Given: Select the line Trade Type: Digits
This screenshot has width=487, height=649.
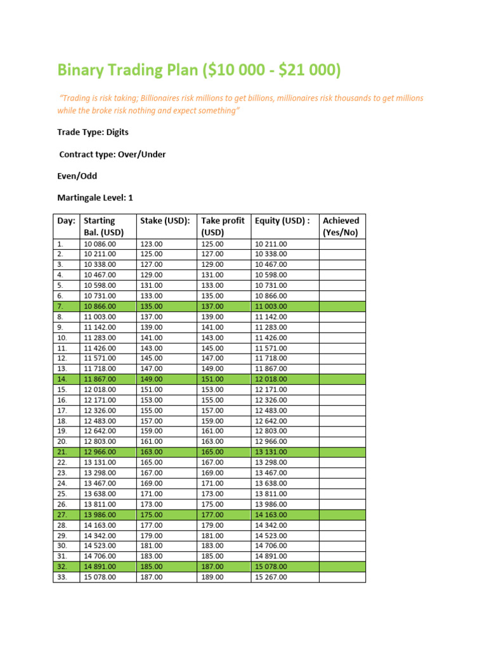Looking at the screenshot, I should click(x=93, y=132).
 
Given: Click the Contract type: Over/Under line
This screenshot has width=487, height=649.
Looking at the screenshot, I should click(x=112, y=154).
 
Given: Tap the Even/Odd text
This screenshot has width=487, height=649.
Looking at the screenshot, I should click(x=77, y=176).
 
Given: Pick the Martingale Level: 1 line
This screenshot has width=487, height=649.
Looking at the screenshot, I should click(x=95, y=198).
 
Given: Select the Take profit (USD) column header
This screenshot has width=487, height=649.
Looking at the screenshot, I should click(x=223, y=226).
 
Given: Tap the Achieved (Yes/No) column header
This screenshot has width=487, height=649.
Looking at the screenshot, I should click(x=341, y=226).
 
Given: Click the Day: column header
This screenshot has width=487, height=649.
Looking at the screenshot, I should click(x=66, y=221).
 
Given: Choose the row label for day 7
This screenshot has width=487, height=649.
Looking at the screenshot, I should click(x=60, y=306).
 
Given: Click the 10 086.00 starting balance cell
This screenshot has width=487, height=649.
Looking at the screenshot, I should click(x=100, y=244).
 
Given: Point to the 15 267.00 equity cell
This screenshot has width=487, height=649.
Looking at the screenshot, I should click(x=271, y=577).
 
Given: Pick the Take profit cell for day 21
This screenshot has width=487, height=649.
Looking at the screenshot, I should click(x=212, y=452).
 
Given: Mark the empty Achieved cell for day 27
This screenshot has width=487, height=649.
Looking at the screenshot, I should click(x=342, y=515).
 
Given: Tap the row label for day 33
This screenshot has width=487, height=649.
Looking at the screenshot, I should click(x=62, y=577).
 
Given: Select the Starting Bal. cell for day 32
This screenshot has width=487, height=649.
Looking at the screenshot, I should click(x=100, y=567).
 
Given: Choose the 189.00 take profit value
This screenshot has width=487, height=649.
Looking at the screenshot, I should click(x=212, y=577).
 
